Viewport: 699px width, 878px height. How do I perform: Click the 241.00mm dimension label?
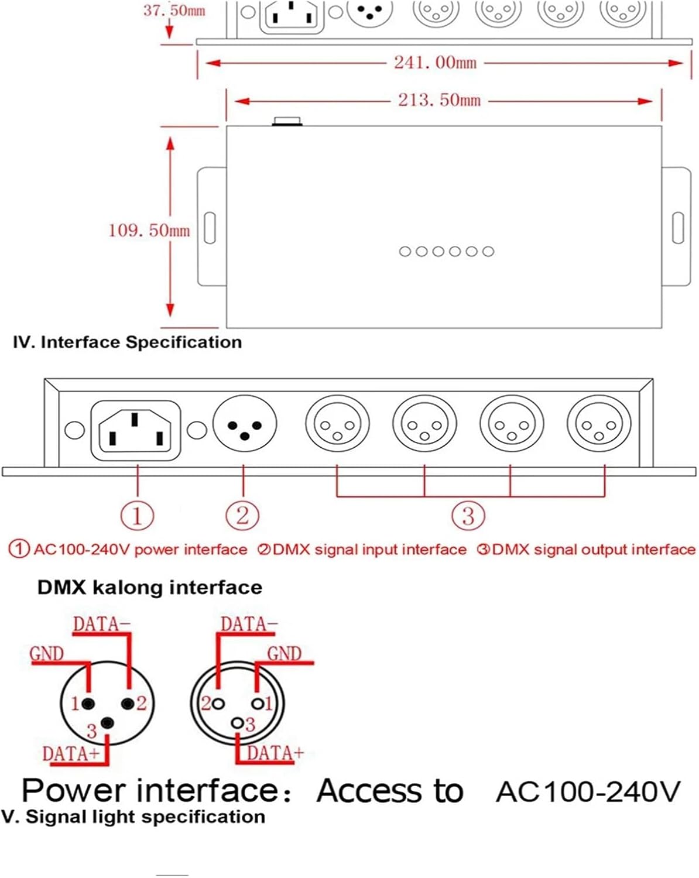(x=435, y=62)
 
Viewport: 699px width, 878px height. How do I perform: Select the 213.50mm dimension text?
(x=439, y=100)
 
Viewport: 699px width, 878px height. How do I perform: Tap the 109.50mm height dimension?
(x=149, y=230)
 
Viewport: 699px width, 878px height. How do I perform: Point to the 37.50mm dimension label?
(x=174, y=11)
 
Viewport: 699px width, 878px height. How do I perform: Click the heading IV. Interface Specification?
(x=127, y=342)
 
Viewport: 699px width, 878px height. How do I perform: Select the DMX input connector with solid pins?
(x=244, y=424)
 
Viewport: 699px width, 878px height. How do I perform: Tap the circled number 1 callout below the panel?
(x=137, y=516)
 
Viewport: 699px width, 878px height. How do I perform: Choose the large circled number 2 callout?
(x=242, y=516)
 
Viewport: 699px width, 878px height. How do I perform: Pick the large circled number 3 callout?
(x=468, y=516)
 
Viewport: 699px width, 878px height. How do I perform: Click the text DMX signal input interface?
(x=369, y=550)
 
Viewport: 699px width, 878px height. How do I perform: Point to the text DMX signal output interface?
(x=593, y=550)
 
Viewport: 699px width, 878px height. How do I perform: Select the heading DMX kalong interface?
(x=150, y=587)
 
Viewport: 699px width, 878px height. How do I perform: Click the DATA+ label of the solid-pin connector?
(x=71, y=753)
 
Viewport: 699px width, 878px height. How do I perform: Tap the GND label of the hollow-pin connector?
(x=285, y=653)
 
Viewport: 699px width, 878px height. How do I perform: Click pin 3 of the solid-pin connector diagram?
(x=107, y=723)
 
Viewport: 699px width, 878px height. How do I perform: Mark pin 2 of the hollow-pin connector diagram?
(x=219, y=704)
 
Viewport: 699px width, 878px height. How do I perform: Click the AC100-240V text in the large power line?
(x=588, y=791)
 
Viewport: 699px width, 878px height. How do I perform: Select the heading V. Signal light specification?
(x=133, y=817)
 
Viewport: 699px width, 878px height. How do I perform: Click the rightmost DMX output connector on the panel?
(x=598, y=424)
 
